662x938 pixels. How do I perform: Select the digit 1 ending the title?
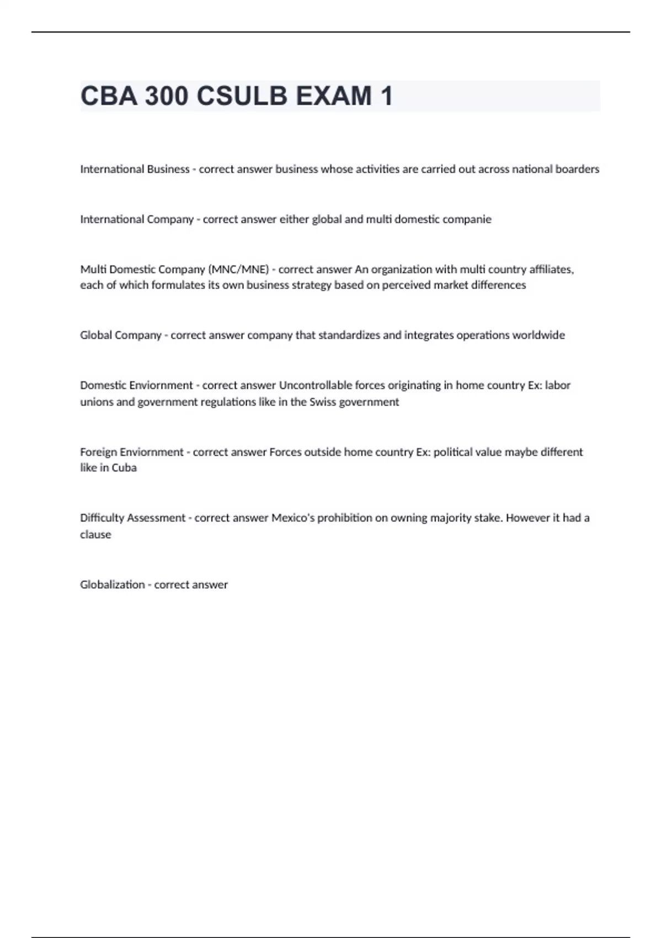tap(386, 96)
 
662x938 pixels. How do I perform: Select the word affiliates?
tap(551, 270)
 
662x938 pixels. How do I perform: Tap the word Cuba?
tap(124, 468)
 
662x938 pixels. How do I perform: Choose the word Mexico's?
tap(293, 518)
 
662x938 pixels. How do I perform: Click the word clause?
tap(95, 535)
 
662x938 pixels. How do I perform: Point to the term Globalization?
tap(112, 585)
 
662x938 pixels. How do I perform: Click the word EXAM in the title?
tap(334, 96)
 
